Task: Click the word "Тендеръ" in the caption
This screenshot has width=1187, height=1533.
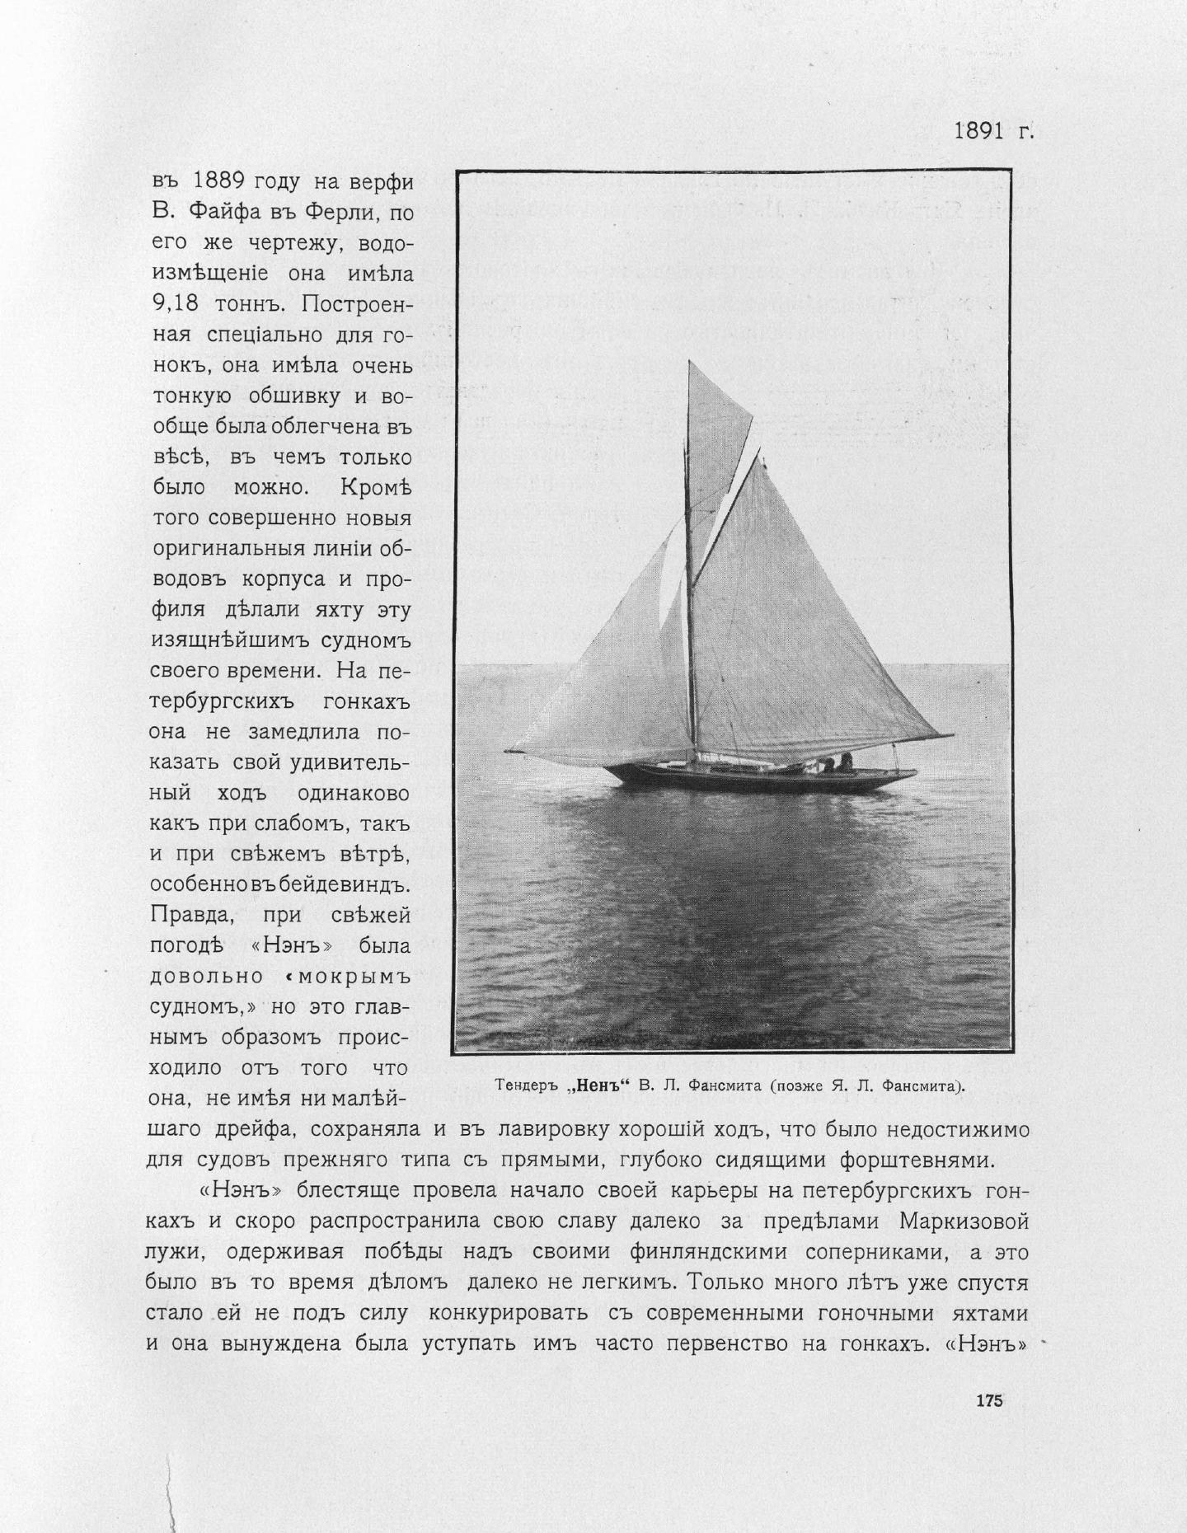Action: pyautogui.click(x=528, y=1085)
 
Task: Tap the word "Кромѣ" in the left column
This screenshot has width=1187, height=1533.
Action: pyautogui.click(x=375, y=487)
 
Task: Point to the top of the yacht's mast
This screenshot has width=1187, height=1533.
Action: pyautogui.click(x=689, y=363)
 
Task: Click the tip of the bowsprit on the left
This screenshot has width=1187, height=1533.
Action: pyautogui.click(x=508, y=751)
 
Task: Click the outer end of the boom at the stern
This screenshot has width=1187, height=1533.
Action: pyautogui.click(x=952, y=735)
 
